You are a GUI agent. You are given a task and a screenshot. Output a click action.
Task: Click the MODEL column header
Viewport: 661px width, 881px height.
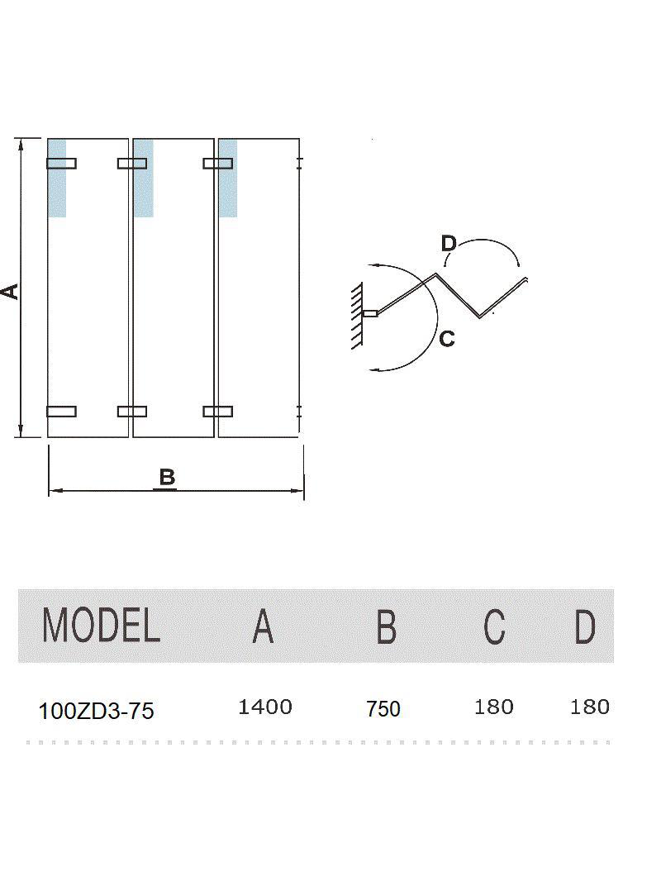(x=101, y=626)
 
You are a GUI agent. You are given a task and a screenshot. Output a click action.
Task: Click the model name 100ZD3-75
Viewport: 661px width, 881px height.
(x=96, y=711)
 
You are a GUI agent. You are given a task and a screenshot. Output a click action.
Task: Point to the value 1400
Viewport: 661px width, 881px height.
(x=264, y=707)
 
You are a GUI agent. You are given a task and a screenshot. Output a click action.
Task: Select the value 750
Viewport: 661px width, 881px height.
(x=383, y=709)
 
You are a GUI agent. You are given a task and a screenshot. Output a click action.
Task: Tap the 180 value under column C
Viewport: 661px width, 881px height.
(x=494, y=707)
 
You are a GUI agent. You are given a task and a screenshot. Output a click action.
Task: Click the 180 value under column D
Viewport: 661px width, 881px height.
(x=590, y=707)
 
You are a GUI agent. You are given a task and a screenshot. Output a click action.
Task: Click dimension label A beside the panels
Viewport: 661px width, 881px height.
(x=10, y=291)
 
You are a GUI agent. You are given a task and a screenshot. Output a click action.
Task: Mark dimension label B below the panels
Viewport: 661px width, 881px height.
(x=167, y=478)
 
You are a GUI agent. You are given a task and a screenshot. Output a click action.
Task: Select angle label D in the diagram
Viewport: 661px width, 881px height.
(x=448, y=243)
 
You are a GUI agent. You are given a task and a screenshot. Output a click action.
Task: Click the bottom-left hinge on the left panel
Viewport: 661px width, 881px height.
(x=61, y=411)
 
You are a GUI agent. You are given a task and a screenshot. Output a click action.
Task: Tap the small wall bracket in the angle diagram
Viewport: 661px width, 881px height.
(x=370, y=313)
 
